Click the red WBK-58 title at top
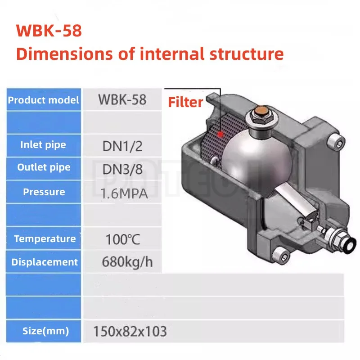[x=49, y=31]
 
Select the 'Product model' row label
[x=43, y=100]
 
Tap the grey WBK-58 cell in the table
[x=122, y=99]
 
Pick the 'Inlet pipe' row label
[x=43, y=145]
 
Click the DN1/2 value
[x=122, y=146]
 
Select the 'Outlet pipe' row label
[x=44, y=167]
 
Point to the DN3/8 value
[x=122, y=169]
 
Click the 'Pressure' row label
[x=44, y=192]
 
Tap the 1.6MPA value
[x=124, y=193]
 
